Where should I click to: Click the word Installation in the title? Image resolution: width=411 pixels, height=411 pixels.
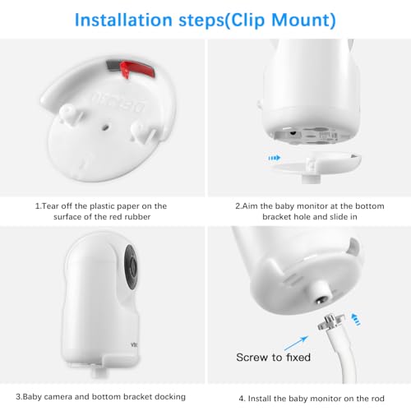point(123,20)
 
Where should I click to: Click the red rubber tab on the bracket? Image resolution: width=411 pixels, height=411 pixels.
point(137,68)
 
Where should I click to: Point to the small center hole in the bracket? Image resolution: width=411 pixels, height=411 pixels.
point(105,127)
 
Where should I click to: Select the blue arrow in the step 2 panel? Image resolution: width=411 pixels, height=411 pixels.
point(275,158)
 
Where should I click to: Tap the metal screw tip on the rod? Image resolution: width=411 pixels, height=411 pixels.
point(330,320)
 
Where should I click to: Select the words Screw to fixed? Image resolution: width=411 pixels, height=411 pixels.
point(273,358)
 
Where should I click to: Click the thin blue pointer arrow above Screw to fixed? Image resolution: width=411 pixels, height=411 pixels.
point(296,343)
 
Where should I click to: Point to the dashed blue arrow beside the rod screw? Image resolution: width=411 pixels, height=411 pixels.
point(356,319)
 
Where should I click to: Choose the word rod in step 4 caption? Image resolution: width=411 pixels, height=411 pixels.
point(378,399)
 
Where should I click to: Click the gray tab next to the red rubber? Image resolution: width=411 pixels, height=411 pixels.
point(113,66)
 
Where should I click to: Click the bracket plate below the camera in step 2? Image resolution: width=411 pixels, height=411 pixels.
point(314,164)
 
